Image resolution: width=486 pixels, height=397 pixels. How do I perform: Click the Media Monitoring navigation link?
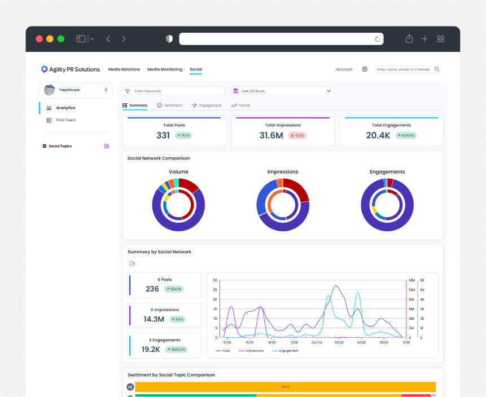coord(165,69)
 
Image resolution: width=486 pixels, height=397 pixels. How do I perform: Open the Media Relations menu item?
coord(124,69)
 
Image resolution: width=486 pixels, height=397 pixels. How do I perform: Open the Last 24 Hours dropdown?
coord(282,91)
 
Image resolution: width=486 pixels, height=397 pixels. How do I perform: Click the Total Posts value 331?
coord(163,135)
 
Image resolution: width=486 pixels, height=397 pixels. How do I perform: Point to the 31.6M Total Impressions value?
coord(271,135)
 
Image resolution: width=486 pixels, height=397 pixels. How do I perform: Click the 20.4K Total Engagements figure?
coord(378,135)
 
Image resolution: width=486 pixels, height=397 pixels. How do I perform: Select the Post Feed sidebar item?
coord(65,120)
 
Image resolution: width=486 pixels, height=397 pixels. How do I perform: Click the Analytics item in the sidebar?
coord(65,108)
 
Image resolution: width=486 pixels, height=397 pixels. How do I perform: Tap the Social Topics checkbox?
coord(45,146)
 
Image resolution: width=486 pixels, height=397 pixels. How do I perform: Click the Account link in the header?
coord(344,69)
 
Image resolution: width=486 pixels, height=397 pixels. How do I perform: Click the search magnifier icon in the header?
coord(437,69)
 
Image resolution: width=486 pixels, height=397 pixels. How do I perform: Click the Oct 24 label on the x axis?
coord(317,342)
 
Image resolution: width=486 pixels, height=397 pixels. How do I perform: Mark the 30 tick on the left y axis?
coord(214,280)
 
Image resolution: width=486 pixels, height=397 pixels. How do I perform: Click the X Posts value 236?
coord(152,289)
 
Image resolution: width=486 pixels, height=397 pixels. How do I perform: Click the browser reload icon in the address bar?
coord(377,39)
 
